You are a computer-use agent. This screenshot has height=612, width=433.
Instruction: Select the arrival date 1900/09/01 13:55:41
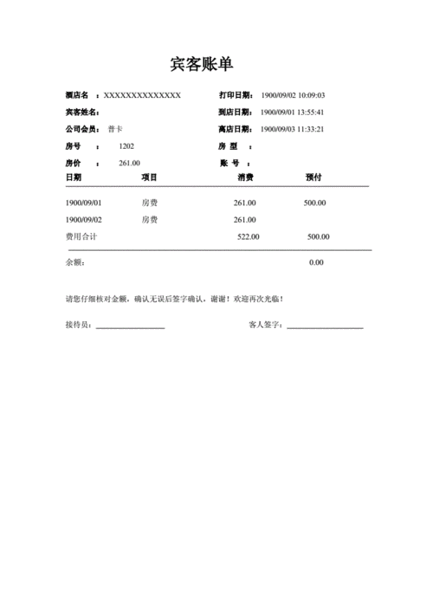[293, 113]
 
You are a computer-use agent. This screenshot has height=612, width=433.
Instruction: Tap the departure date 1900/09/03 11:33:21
[293, 129]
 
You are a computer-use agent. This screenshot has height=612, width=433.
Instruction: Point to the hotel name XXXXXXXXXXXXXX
[142, 95]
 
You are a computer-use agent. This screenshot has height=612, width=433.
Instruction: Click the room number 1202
[126, 146]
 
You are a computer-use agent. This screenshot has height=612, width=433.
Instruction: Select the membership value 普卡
[115, 129]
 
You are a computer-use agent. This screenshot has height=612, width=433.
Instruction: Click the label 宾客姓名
[81, 113]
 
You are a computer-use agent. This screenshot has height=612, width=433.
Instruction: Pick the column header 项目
[150, 177]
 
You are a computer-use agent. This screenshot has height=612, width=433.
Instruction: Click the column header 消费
[245, 177]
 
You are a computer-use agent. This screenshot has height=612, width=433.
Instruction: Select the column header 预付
[314, 177]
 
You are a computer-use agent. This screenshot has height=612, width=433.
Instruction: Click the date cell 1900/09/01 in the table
[84, 203]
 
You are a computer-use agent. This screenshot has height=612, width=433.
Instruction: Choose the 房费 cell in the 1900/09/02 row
[150, 220]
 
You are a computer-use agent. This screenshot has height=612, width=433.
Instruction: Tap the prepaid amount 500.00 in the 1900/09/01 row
[314, 203]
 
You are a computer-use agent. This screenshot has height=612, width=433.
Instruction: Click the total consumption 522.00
[249, 236]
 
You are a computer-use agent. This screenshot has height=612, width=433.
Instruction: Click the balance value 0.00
[316, 262]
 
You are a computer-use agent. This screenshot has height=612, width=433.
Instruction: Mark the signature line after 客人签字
[325, 326]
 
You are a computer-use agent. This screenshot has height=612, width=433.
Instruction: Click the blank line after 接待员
[130, 326]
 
